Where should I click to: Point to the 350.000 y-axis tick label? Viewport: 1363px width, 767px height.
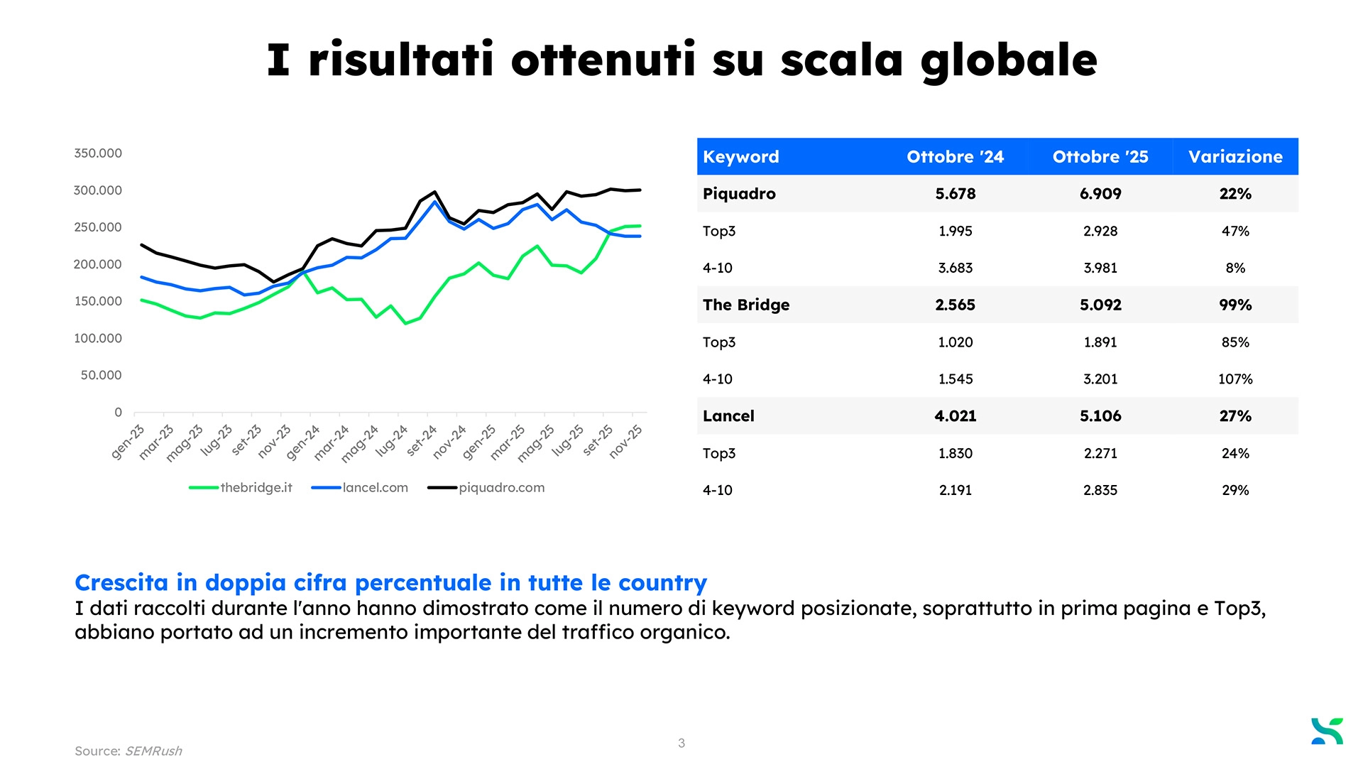[98, 153]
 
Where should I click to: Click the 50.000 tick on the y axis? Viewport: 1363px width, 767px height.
[101, 375]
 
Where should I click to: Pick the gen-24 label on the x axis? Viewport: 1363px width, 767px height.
[303, 442]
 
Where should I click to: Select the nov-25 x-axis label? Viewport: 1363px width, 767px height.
[625, 441]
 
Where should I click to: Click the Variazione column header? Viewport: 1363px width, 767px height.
[1235, 157]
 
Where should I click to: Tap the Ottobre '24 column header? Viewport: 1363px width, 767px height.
[955, 157]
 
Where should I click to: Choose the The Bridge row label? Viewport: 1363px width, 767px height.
[746, 305]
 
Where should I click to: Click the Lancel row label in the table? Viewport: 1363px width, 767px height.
[728, 416]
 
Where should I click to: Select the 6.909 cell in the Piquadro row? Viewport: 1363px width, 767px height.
[1100, 194]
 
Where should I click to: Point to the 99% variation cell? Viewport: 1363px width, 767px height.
[1235, 305]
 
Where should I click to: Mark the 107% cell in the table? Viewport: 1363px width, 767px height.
[1235, 379]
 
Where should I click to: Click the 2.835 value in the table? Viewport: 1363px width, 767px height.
[1100, 490]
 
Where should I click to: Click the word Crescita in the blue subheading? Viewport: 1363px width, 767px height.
[121, 583]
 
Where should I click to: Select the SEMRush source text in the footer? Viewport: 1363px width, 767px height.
[153, 751]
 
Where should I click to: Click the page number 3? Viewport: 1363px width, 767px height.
[681, 744]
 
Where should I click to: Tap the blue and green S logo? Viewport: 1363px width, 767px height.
[1327, 731]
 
